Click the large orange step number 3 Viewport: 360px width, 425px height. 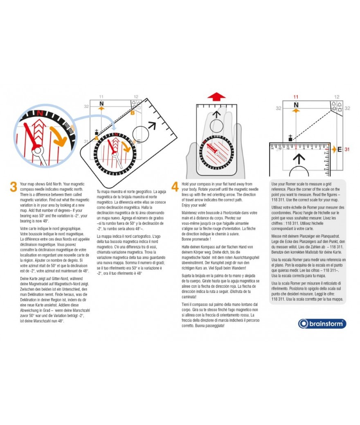coord(13,187)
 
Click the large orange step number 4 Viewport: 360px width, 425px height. coord(175,187)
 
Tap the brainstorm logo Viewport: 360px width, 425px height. coord(322,323)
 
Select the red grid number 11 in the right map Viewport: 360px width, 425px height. coord(296,97)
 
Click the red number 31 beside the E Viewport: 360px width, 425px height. coord(346,149)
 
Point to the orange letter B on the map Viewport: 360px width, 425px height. coord(133,113)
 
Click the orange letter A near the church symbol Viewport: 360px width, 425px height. coord(97,138)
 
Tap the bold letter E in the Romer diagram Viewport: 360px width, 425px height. coord(339,149)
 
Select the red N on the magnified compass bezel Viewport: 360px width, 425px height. coord(40,113)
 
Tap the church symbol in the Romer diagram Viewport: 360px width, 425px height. coord(290,138)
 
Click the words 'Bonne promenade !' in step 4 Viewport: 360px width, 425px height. coord(196,239)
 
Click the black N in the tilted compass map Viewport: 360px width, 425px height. coord(101,103)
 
